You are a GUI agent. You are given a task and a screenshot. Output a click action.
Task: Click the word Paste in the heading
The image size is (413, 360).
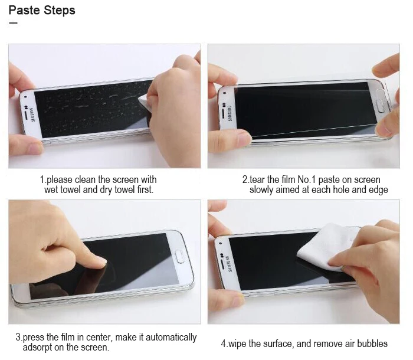click(x=24, y=10)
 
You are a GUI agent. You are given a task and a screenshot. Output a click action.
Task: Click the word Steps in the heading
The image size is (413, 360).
click(x=59, y=11)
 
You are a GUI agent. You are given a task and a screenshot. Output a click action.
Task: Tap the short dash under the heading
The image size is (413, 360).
click(x=13, y=23)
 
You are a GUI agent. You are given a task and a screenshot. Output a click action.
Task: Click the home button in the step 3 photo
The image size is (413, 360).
click(x=180, y=257)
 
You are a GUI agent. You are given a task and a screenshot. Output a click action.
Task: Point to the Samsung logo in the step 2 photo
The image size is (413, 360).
click(x=230, y=113)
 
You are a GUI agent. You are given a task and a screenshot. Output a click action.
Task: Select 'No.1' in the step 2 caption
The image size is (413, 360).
click(x=307, y=180)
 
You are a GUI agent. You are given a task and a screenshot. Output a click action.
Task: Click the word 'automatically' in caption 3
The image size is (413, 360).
click(x=171, y=338)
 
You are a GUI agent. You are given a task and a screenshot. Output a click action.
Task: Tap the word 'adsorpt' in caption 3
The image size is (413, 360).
click(x=37, y=348)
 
